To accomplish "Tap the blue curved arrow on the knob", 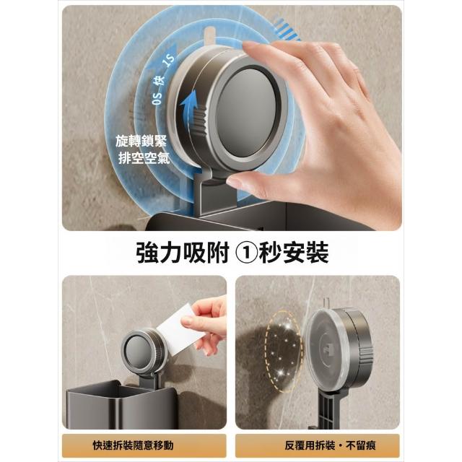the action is [188, 109].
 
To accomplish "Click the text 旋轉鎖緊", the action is [141, 141].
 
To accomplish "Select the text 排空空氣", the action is [144, 158].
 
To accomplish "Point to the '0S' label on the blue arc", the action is [157, 98].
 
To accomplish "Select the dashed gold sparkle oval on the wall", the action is [284, 352].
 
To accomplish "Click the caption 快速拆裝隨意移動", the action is [133, 445].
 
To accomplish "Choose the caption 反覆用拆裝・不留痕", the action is [330, 445].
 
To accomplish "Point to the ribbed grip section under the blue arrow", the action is [200, 121].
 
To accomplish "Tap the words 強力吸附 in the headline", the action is [183, 253].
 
